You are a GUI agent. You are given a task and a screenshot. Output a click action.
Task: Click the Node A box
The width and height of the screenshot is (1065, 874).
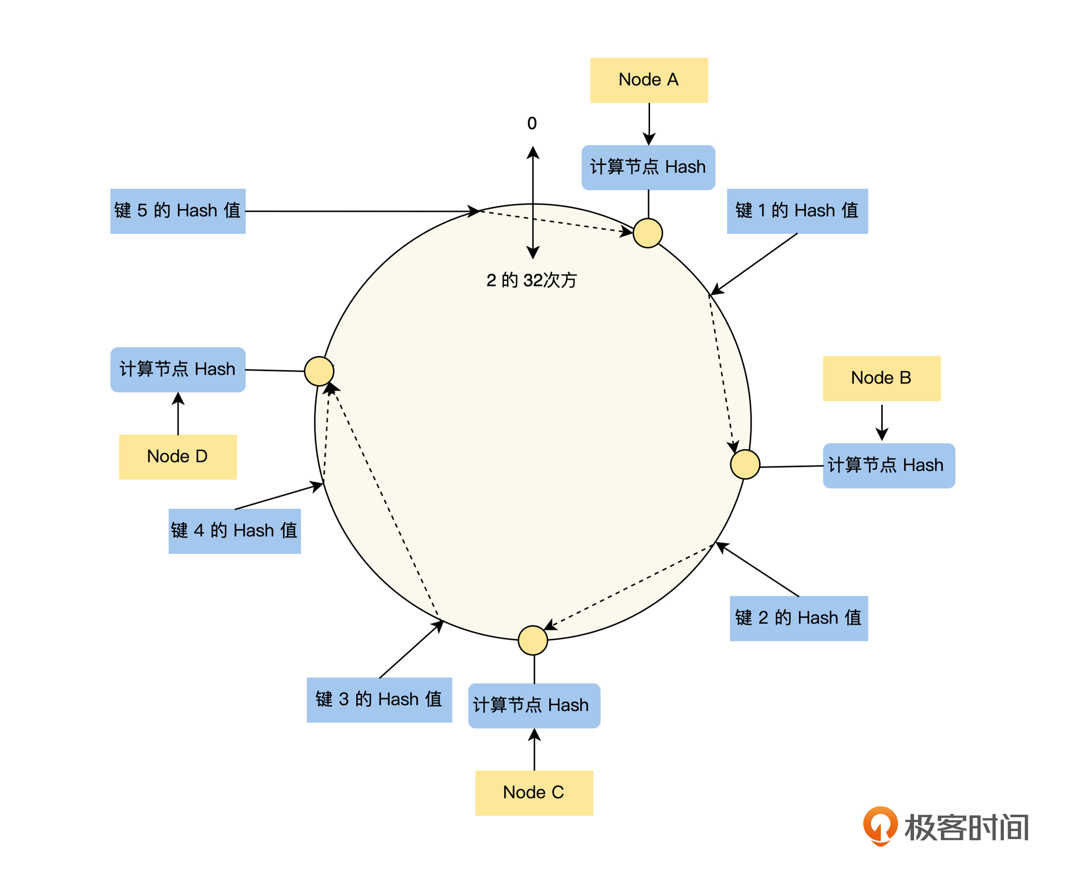point(649,80)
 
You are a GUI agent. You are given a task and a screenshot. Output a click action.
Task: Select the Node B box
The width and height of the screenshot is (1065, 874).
point(881,378)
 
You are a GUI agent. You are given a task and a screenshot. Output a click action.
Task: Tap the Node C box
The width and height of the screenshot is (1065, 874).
point(534,792)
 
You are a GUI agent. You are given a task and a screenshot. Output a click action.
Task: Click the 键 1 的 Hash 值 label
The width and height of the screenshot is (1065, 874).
point(797,211)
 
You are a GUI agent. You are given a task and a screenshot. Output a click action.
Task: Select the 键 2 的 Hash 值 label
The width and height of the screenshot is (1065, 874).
point(798,618)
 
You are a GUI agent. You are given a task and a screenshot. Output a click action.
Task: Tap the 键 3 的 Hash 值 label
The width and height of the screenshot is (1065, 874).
point(379,700)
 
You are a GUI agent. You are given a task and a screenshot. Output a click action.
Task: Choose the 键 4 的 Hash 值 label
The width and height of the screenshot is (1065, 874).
point(235,531)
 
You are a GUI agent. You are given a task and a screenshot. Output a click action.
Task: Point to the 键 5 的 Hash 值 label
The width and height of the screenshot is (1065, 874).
point(178,211)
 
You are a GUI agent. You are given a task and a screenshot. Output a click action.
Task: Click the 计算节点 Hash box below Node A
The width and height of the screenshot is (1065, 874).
point(648,167)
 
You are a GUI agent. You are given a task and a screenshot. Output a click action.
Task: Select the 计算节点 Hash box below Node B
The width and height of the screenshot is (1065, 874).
point(888,466)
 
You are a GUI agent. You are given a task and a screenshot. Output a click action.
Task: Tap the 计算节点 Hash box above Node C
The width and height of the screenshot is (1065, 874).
point(534,706)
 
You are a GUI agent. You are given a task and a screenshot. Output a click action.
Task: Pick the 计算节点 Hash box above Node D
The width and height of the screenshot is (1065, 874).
point(178,370)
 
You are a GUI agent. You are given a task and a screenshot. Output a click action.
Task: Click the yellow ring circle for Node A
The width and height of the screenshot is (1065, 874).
point(648,233)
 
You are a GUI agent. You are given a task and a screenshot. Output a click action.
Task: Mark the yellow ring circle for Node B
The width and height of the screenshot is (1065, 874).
point(745,464)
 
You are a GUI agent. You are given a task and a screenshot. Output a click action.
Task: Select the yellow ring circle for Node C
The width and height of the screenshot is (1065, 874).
point(532,640)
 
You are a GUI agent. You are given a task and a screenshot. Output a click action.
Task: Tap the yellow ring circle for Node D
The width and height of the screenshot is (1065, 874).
point(319,371)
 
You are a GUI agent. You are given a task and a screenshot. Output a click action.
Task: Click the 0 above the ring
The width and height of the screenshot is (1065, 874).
point(532,123)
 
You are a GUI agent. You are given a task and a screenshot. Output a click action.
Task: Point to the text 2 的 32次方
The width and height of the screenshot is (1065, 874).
point(531,280)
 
